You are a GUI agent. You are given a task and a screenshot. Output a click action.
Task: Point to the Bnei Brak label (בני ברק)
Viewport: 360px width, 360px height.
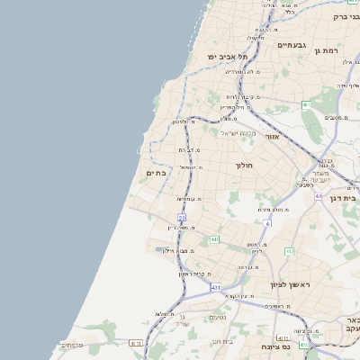click(x=346, y=16)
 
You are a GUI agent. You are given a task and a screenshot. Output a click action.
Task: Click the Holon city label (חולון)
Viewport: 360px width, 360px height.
click(x=245, y=166)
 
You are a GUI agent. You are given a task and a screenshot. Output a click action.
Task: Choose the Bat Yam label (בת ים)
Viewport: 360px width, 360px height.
click(x=157, y=173)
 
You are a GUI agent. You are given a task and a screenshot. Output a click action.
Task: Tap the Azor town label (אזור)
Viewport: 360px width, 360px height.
click(x=274, y=137)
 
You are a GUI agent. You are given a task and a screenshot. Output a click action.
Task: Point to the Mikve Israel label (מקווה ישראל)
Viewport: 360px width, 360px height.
click(x=238, y=134)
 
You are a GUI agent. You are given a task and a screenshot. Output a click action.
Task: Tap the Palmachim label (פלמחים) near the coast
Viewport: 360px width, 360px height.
click(x=72, y=344)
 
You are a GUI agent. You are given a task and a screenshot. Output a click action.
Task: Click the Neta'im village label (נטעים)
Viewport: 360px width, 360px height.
click(x=217, y=317)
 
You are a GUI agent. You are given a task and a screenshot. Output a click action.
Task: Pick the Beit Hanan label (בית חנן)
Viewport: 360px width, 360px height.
click(x=222, y=341)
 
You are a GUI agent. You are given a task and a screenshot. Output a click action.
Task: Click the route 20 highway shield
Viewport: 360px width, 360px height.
click(x=182, y=219)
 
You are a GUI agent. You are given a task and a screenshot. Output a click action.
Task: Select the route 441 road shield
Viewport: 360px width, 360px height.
click(x=214, y=239)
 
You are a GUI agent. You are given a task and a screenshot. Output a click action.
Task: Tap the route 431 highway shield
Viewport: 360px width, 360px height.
click(x=216, y=287)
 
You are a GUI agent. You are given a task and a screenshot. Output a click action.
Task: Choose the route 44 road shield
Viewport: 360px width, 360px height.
click(x=318, y=194)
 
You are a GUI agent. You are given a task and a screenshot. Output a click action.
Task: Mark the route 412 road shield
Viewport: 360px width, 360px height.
click(x=290, y=251)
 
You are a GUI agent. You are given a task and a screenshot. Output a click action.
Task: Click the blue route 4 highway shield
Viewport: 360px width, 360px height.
click(x=267, y=221)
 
